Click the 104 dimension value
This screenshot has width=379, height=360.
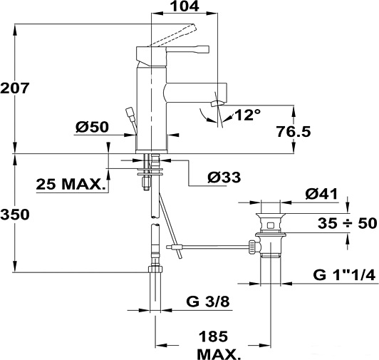click(x=185, y=6)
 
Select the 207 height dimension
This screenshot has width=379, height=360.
click(x=15, y=88)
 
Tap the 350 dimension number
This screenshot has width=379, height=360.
click(x=15, y=215)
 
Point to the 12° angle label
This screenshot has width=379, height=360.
click(x=247, y=115)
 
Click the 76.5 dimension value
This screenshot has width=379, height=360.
click(x=294, y=132)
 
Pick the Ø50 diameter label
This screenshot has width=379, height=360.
click(x=92, y=127)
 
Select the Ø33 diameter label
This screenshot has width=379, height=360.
click(x=224, y=178)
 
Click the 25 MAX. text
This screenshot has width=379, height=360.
click(x=71, y=185)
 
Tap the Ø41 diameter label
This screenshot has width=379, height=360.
click(x=321, y=194)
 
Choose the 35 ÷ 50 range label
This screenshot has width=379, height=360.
click(x=348, y=223)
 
